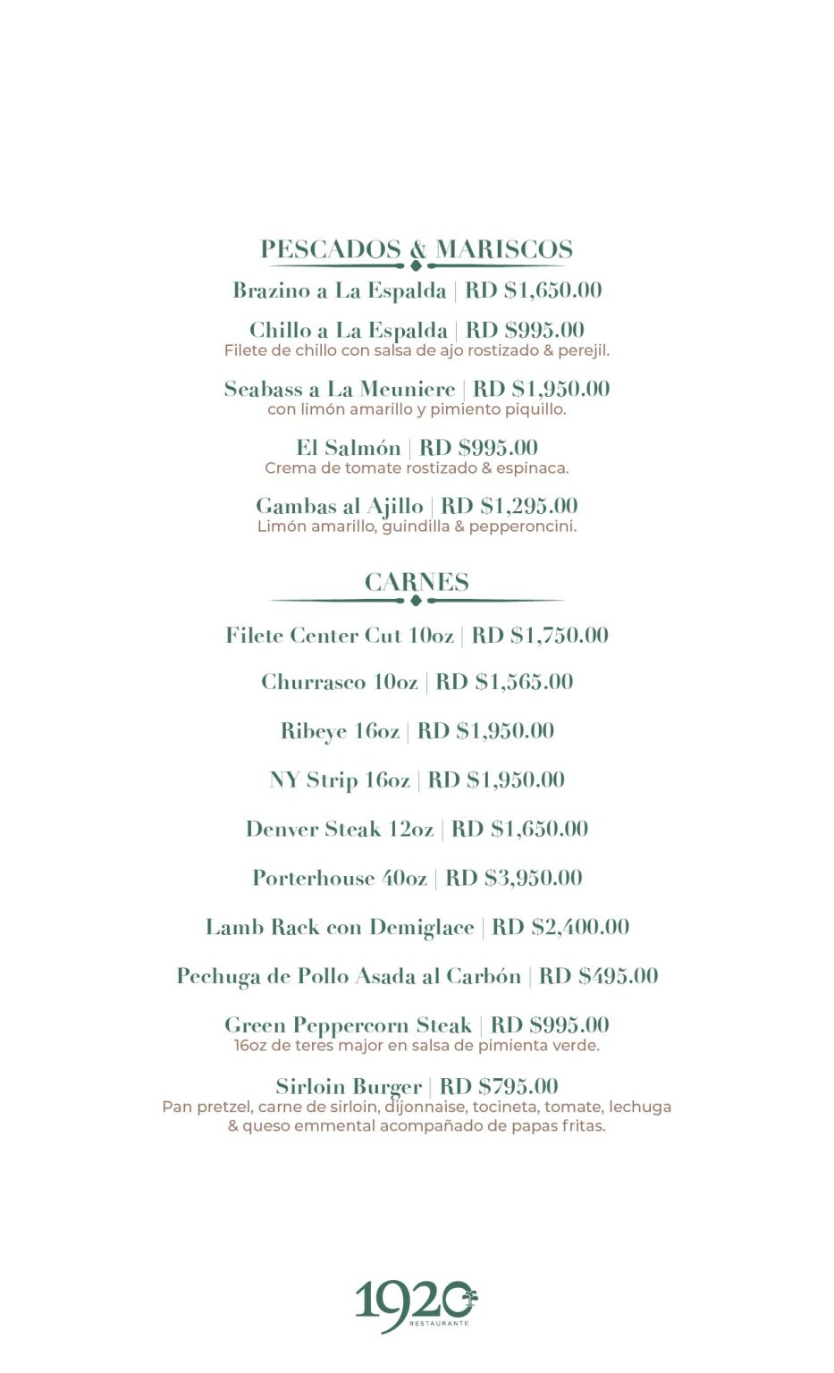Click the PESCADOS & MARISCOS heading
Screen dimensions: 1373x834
click(x=417, y=249)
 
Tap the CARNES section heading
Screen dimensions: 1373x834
click(x=417, y=582)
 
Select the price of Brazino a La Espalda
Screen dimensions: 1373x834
click(x=534, y=291)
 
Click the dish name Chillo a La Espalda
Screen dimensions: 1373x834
click(x=348, y=330)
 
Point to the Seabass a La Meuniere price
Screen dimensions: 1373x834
click(x=541, y=389)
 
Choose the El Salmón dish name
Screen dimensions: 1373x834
click(x=349, y=448)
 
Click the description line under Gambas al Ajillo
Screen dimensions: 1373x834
click(x=417, y=526)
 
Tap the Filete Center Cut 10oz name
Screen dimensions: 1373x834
click(x=340, y=636)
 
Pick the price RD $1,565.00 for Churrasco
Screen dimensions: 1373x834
click(x=504, y=682)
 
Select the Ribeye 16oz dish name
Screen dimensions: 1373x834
click(x=340, y=731)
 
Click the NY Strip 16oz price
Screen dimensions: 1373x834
click(x=496, y=780)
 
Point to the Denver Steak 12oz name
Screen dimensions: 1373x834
click(x=340, y=830)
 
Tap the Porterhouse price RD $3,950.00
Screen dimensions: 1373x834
click(x=514, y=878)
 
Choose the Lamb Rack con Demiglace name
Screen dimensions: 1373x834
click(x=340, y=927)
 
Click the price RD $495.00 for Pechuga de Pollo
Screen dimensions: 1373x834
click(x=598, y=976)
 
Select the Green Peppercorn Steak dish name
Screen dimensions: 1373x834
click(x=348, y=1025)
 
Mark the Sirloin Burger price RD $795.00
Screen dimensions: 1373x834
click(x=499, y=1087)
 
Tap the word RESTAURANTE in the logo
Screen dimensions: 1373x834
click(x=439, y=1323)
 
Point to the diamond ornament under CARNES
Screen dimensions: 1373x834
click(x=416, y=601)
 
